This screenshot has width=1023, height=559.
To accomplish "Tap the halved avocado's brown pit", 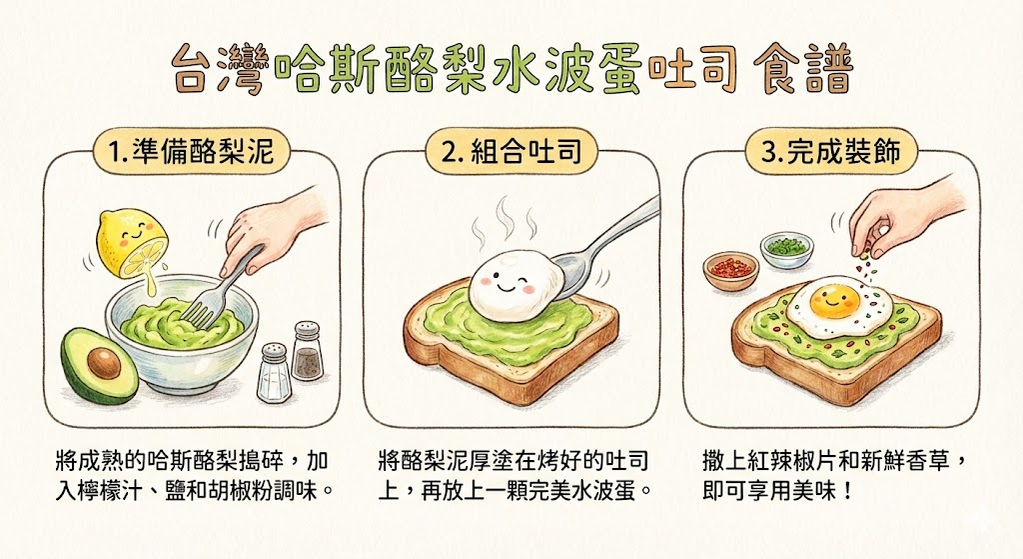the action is [104, 363].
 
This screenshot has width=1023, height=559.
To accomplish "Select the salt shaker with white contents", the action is [274, 372].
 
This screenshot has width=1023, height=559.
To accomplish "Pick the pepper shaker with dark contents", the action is [308, 351].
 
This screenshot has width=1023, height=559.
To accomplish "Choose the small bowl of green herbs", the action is [787, 250].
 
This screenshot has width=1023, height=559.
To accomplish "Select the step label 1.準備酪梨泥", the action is [190, 151].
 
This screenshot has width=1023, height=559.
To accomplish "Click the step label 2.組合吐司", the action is [511, 151].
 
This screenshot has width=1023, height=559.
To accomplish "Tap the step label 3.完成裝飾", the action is [831, 151].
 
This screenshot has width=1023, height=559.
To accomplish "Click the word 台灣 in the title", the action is [221, 69].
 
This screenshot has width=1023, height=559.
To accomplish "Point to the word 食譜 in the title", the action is [803, 69].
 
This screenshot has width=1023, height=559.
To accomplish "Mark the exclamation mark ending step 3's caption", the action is [847, 490].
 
